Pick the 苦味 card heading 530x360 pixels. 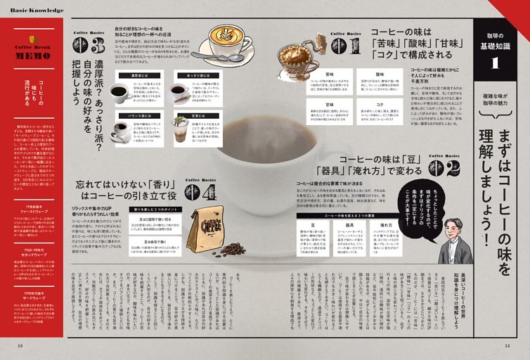click(329, 73)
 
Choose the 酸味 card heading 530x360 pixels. click(380, 73)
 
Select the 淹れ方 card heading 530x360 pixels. click(386, 226)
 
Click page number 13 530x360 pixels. click(20, 345)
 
